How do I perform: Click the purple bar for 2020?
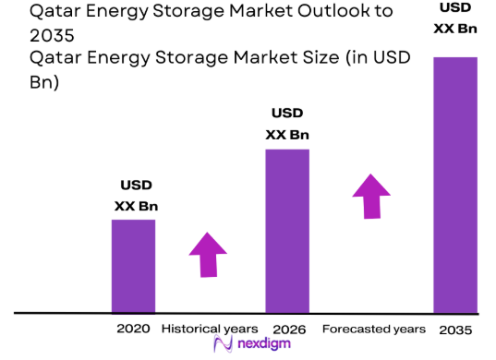(133, 266)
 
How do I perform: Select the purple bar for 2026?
(287, 231)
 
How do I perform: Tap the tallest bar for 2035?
(454, 185)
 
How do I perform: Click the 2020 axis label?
(133, 329)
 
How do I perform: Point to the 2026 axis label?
(288, 329)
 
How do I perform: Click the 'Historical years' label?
(210, 329)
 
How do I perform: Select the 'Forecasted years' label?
(373, 329)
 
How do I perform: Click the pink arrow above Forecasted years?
(371, 195)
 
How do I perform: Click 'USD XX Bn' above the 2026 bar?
(287, 125)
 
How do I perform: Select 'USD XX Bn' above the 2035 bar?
(455, 18)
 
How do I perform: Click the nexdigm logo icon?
(224, 345)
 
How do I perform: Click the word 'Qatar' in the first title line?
(56, 12)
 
